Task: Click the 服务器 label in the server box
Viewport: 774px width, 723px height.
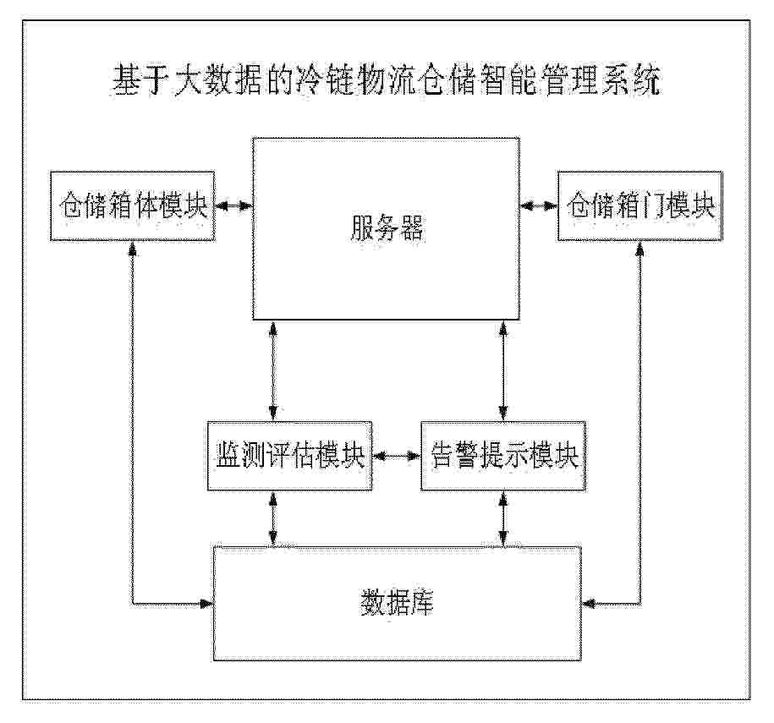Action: (x=387, y=228)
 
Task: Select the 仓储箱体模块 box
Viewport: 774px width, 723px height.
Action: (x=132, y=205)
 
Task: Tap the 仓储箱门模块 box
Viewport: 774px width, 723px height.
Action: (x=640, y=205)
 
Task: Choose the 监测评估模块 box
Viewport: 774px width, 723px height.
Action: (x=289, y=456)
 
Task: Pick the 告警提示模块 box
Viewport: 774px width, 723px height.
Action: (x=503, y=456)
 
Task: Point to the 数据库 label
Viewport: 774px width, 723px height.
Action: (x=397, y=601)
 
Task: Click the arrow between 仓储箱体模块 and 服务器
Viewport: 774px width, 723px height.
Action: (x=233, y=205)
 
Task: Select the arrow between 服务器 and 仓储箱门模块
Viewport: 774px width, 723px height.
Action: (x=539, y=205)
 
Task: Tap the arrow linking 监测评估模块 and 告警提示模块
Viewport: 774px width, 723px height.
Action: (x=397, y=456)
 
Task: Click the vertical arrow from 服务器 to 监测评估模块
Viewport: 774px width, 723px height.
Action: (x=273, y=370)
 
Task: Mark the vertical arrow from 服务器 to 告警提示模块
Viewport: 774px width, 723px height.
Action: (x=503, y=370)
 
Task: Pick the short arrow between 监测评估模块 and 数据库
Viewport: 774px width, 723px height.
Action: (x=273, y=518)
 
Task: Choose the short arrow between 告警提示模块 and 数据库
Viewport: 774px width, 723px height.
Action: (x=503, y=518)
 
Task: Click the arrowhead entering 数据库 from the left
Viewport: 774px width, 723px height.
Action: (x=206, y=603)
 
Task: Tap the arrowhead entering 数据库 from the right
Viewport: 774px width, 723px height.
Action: (x=590, y=603)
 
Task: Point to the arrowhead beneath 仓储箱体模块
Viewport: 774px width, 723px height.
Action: (x=132, y=249)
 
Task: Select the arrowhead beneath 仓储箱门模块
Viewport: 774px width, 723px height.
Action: (x=640, y=249)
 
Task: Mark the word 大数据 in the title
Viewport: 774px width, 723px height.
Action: (x=217, y=80)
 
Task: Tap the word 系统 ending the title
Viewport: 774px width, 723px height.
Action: (x=631, y=80)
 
